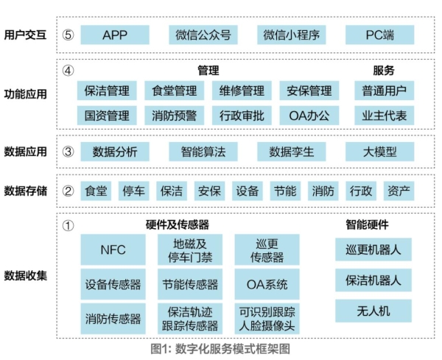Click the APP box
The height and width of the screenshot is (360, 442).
coord(115,35)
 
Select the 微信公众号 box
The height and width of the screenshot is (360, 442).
coord(203,35)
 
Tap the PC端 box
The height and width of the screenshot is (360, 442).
coord(379,35)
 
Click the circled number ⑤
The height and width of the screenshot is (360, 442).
coord(68,35)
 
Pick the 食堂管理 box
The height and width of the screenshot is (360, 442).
coord(174,91)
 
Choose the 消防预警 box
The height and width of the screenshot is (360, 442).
coord(174,116)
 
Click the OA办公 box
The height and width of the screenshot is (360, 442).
coord(309,116)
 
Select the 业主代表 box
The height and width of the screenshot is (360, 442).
coord(385,116)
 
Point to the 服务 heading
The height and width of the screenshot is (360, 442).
coord(384,71)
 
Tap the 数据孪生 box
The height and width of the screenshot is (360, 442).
coord(292,152)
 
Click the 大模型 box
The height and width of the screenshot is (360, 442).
coord(379,152)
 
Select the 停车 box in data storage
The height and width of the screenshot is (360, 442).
coord(133,191)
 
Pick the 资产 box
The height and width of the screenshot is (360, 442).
coord(399,191)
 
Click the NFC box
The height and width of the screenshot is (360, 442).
coord(113,250)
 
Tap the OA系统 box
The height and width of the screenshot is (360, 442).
coord(267,284)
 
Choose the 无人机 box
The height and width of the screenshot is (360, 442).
coord(373,311)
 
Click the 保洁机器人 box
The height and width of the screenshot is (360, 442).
coord(373,280)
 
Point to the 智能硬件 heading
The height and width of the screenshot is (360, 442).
coord(367,225)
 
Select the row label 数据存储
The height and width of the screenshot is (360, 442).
coord(25,191)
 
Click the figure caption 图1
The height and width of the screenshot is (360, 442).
coord(161,349)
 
